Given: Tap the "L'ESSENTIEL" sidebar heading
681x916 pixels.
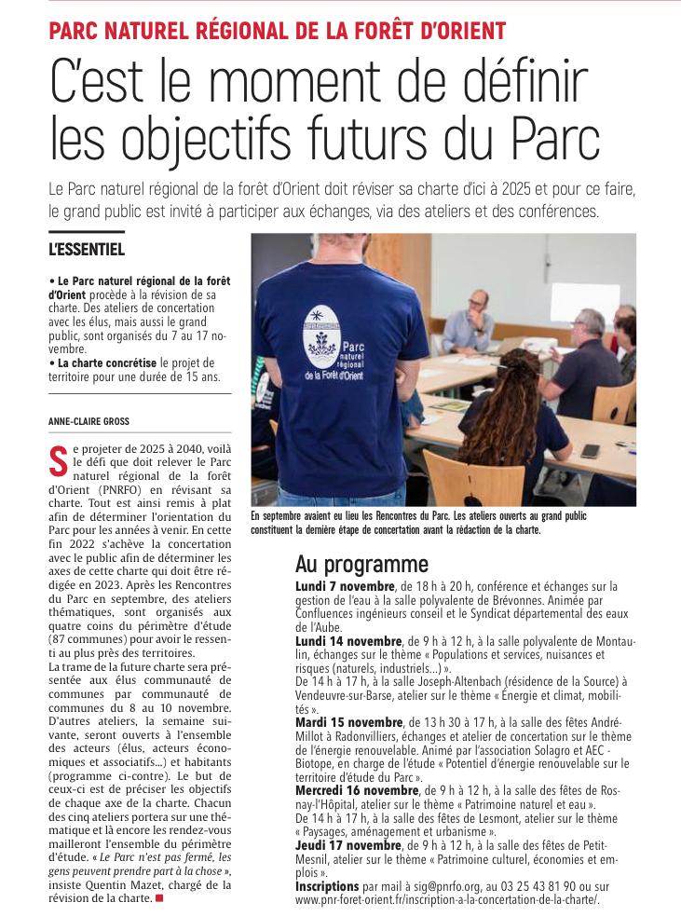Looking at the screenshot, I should (87, 249).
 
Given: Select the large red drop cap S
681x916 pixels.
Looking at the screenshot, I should (58, 458).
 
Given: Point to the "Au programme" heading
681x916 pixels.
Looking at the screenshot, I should (361, 565).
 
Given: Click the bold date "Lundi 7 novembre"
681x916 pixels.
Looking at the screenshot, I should (345, 587).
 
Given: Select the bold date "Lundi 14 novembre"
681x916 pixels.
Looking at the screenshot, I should (348, 642).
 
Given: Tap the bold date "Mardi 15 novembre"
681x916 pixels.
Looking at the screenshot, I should (349, 722).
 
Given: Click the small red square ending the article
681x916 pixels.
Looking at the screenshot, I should (159, 898).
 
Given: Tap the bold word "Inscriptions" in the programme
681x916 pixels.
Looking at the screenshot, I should (327, 886).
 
